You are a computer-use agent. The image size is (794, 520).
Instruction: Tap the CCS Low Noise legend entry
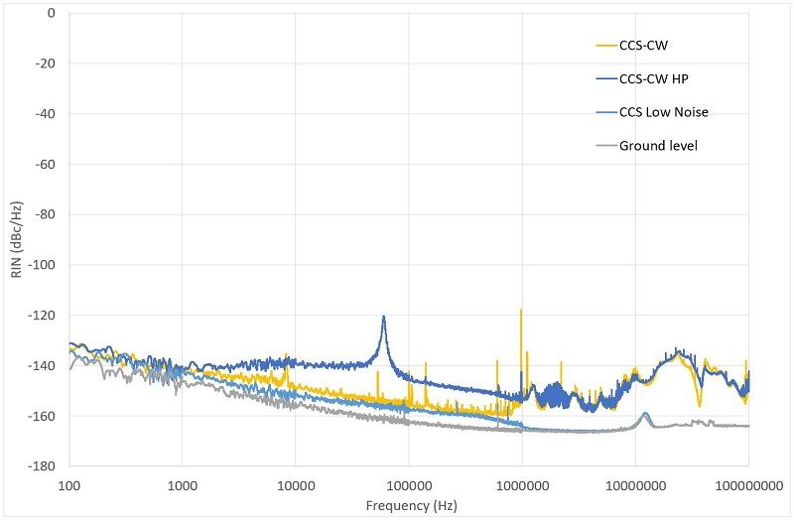663,112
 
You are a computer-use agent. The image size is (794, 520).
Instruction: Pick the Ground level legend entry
659,146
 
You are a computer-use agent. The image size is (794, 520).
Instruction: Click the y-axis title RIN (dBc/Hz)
16,239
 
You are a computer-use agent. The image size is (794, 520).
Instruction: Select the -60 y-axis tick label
45,164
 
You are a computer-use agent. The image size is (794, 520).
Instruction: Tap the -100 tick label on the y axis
42,265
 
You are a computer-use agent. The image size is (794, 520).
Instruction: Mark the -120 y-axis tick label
42,315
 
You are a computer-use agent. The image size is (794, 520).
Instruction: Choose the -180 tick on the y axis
42,465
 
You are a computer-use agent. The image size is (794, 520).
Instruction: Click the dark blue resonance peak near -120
383,318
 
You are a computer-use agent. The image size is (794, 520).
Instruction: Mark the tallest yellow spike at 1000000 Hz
521,311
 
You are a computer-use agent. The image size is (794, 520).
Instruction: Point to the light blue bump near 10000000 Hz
645,414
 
